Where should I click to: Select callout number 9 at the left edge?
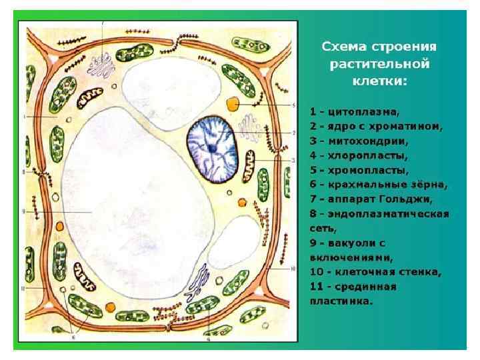coord(23,212)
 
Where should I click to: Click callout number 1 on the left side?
coord(23,117)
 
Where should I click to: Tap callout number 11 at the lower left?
coord(23,288)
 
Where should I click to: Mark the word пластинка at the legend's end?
coord(342,301)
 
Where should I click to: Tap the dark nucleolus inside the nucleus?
coord(211,147)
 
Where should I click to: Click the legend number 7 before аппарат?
coord(313,199)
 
